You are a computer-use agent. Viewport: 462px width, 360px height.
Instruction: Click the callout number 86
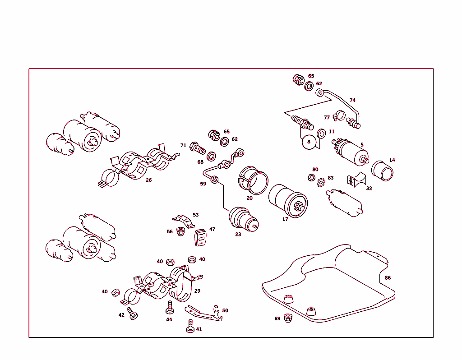[x=388, y=278]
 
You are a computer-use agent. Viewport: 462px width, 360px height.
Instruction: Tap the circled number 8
[x=309, y=142]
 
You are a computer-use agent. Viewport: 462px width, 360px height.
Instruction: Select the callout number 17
[x=285, y=219]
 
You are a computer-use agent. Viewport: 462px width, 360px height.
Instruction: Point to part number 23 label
[x=238, y=234]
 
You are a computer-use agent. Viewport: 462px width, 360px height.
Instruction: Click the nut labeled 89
[x=288, y=318]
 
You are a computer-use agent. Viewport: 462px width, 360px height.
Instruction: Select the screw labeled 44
[x=170, y=308]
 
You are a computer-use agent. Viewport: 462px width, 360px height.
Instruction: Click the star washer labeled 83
[x=321, y=183]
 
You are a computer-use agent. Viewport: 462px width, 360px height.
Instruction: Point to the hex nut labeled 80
[x=311, y=177]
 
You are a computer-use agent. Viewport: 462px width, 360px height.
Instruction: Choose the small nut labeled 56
[x=181, y=233]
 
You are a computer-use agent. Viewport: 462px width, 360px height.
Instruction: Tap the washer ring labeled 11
[x=322, y=134]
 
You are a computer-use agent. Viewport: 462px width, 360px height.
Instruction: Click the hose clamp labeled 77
[x=337, y=117]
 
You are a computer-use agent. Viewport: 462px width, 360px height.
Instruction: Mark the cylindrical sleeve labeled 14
[x=383, y=171]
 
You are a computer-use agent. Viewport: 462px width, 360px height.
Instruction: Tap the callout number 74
[x=352, y=100]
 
